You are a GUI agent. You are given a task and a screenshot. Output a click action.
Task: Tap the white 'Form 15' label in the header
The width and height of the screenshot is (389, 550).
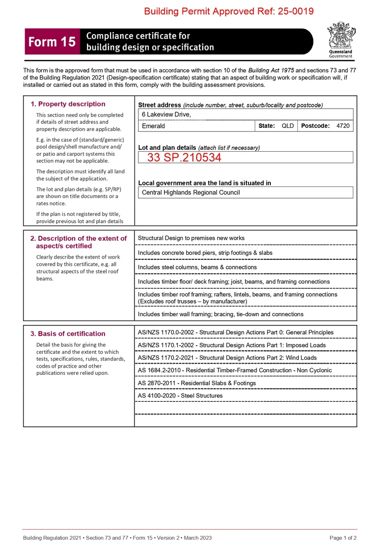click(x=52, y=42)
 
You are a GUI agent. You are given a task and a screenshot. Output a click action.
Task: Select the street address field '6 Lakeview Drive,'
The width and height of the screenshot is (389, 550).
click(x=166, y=115)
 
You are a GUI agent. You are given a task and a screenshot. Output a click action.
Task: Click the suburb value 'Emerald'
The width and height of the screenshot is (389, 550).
click(x=153, y=126)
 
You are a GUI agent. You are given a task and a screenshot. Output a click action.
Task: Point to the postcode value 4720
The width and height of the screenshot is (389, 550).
click(x=343, y=126)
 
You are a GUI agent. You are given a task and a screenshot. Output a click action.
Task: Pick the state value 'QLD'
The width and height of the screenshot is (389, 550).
click(x=288, y=126)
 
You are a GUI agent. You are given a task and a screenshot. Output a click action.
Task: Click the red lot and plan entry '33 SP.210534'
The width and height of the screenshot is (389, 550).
click(x=184, y=157)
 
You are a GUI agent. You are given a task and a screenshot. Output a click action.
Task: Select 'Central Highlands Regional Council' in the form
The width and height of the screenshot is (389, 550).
click(x=191, y=193)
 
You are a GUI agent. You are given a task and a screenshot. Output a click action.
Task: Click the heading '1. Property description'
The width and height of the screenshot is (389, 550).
click(x=68, y=104)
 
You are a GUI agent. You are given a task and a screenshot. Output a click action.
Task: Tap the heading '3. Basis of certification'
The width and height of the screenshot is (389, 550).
click(x=68, y=334)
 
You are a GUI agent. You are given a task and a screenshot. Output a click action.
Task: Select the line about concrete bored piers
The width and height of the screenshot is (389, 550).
click(x=205, y=253)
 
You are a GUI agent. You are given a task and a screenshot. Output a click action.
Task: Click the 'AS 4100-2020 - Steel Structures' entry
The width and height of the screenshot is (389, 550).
click(x=180, y=396)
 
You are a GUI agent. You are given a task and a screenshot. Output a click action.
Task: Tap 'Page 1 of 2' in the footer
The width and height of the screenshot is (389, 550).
click(x=343, y=538)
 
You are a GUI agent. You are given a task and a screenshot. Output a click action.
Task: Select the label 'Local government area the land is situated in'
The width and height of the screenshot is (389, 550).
click(x=205, y=183)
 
